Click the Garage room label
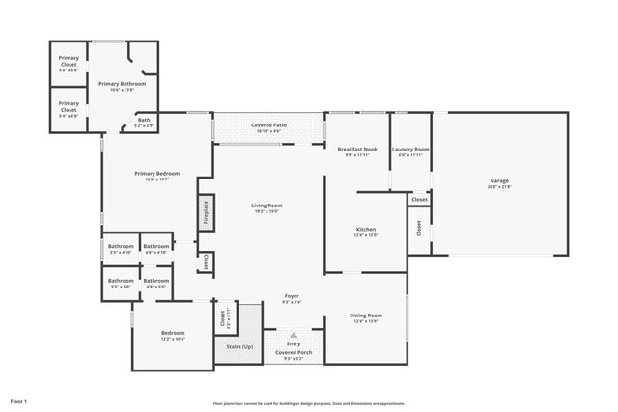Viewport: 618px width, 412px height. click(x=499, y=181)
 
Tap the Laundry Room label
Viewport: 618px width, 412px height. click(x=410, y=150)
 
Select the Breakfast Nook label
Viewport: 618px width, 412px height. click(x=356, y=150)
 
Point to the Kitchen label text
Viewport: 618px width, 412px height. click(x=365, y=229)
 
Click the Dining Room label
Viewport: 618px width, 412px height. click(x=365, y=316)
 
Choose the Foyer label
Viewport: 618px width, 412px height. click(x=292, y=296)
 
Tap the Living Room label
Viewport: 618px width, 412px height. click(x=267, y=206)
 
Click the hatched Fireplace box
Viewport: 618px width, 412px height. click(x=206, y=212)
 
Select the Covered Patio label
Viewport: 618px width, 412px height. click(x=267, y=126)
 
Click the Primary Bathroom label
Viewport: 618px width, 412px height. click(x=123, y=84)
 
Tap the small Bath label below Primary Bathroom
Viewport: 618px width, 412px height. click(x=143, y=120)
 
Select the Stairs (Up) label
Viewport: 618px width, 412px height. click(x=239, y=346)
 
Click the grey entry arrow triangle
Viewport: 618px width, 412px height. click(x=293, y=335)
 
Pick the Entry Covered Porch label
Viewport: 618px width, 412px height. click(x=292, y=350)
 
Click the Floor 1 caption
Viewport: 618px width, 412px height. click(x=19, y=399)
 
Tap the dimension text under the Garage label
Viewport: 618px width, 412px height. click(x=499, y=187)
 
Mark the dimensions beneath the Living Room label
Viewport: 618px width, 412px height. click(x=267, y=211)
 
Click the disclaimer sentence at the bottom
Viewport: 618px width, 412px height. click(x=308, y=403)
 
